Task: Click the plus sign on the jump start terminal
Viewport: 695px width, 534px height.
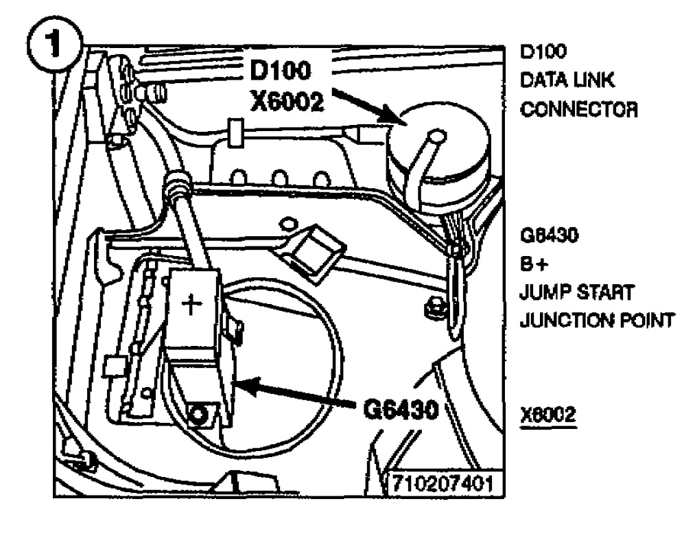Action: point(194,303)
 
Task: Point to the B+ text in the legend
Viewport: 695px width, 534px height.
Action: point(534,265)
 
